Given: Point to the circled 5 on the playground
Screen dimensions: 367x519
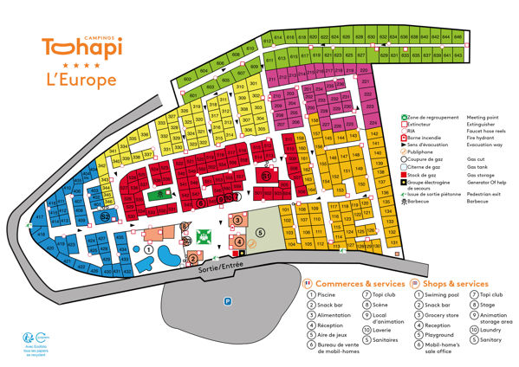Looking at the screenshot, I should coord(259,232).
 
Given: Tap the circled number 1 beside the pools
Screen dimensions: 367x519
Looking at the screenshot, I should coord(148,249).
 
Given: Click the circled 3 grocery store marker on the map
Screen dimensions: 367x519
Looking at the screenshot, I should coord(237,221).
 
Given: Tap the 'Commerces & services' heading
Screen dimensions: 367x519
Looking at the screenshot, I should coord(359,283).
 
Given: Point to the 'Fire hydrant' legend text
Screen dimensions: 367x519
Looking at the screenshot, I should coord(483,138).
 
